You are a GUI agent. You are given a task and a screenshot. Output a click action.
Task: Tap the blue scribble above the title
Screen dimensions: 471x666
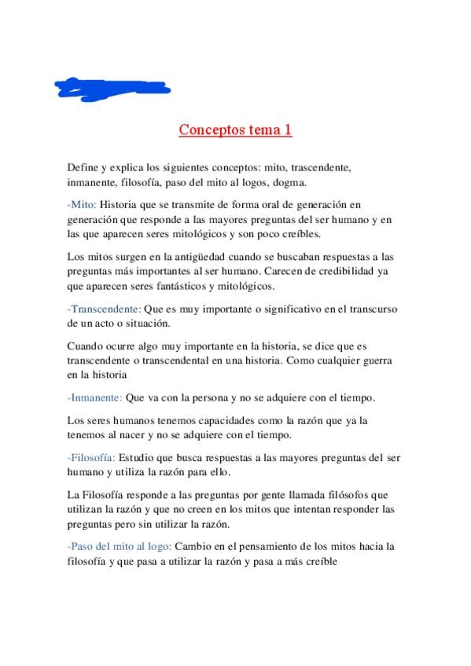pyautogui.click(x=114, y=87)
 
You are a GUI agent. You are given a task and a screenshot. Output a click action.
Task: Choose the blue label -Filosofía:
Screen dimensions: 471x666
pyautogui.click(x=92, y=457)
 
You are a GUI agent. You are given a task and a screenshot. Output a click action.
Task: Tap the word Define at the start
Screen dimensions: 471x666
pyautogui.click(x=83, y=168)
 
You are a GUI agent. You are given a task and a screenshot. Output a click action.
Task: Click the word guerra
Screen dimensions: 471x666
pyautogui.click(x=381, y=360)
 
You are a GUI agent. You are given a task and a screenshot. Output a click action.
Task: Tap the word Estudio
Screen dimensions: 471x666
pyautogui.click(x=138, y=457)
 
